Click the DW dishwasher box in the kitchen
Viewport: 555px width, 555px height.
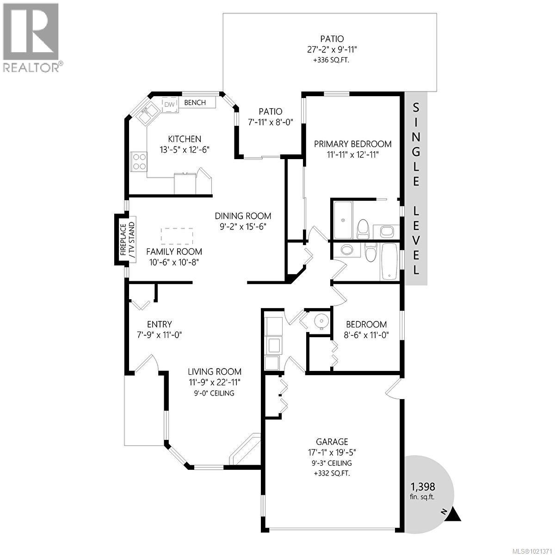click(170, 105)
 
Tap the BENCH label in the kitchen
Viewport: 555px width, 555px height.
click(195, 103)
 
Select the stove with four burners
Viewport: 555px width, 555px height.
click(139, 161)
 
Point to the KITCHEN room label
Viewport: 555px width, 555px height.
click(184, 139)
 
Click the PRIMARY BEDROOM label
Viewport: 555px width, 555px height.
click(352, 144)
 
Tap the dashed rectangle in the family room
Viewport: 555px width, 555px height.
click(177, 236)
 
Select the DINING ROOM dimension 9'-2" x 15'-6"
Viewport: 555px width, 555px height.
click(243, 227)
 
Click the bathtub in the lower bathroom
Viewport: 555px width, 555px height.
click(389, 262)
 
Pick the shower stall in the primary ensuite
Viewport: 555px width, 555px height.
click(342, 220)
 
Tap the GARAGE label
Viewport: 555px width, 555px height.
click(332, 442)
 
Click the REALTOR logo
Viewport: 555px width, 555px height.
click(31, 37)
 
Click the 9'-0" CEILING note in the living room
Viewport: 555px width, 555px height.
click(215, 393)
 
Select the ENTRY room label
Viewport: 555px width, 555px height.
click(160, 324)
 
